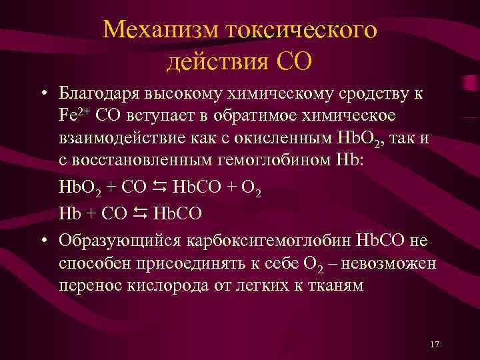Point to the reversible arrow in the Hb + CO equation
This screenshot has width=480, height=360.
pyautogui.click(x=141, y=214)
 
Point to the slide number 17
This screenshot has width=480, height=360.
pyautogui.click(x=435, y=343)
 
